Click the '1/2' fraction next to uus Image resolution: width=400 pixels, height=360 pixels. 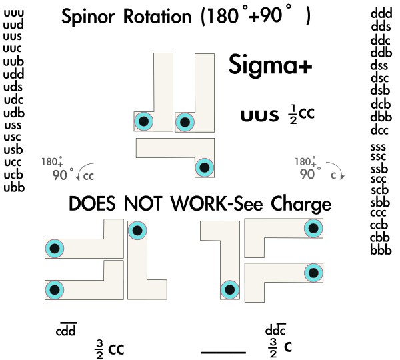point(290,115)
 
